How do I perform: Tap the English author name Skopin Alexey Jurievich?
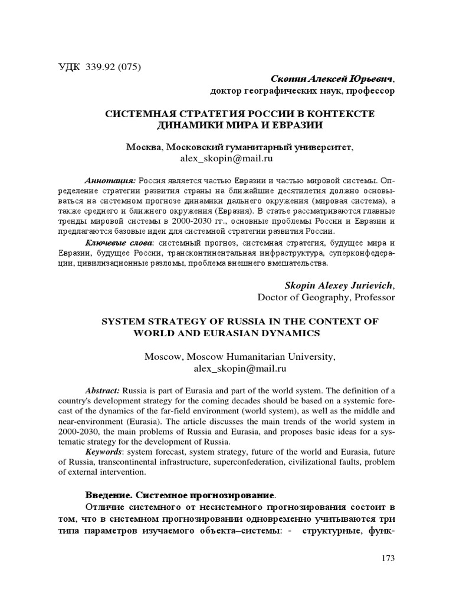340,285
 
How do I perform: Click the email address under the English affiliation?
239,369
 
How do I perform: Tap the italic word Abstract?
103,391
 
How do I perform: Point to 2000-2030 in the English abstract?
81,432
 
